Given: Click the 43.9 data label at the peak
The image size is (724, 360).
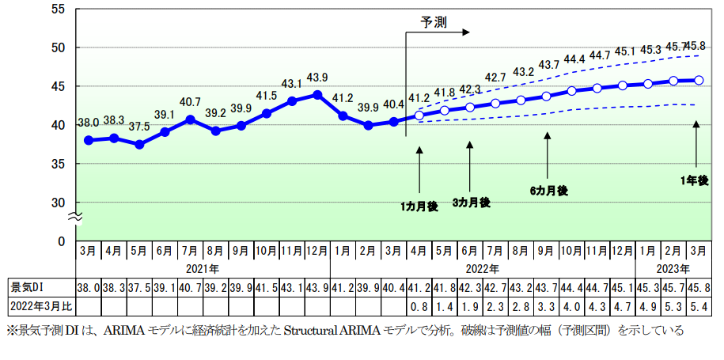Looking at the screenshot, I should tap(317, 78).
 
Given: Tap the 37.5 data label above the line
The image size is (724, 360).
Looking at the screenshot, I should tap(139, 127).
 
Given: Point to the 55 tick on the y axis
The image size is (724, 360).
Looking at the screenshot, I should tap(59, 9).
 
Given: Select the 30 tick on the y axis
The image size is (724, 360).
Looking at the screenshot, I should tap(59, 203).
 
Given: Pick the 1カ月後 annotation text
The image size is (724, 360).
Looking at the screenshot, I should tap(419, 207).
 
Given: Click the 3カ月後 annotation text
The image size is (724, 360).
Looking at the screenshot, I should tap(471, 203).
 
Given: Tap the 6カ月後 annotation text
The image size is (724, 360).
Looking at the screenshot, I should tap(548, 191).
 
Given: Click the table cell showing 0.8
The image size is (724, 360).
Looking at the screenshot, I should tap(419, 306).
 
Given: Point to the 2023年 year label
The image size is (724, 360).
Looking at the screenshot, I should tap(673, 268).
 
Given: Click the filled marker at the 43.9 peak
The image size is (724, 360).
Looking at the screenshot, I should tap(317, 94).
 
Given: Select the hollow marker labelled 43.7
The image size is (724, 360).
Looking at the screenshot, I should tap(546, 96).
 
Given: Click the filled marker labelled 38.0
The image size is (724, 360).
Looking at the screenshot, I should tap(89, 140).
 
